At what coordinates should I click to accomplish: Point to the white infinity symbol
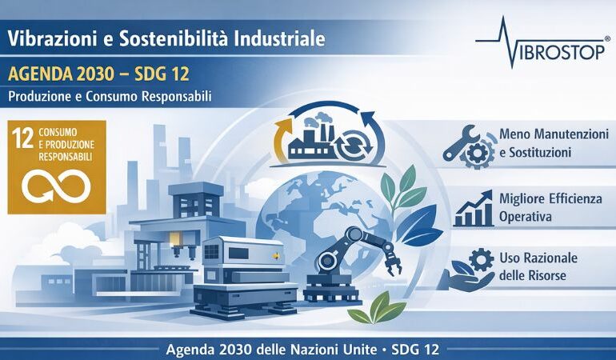coord(55,186)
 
